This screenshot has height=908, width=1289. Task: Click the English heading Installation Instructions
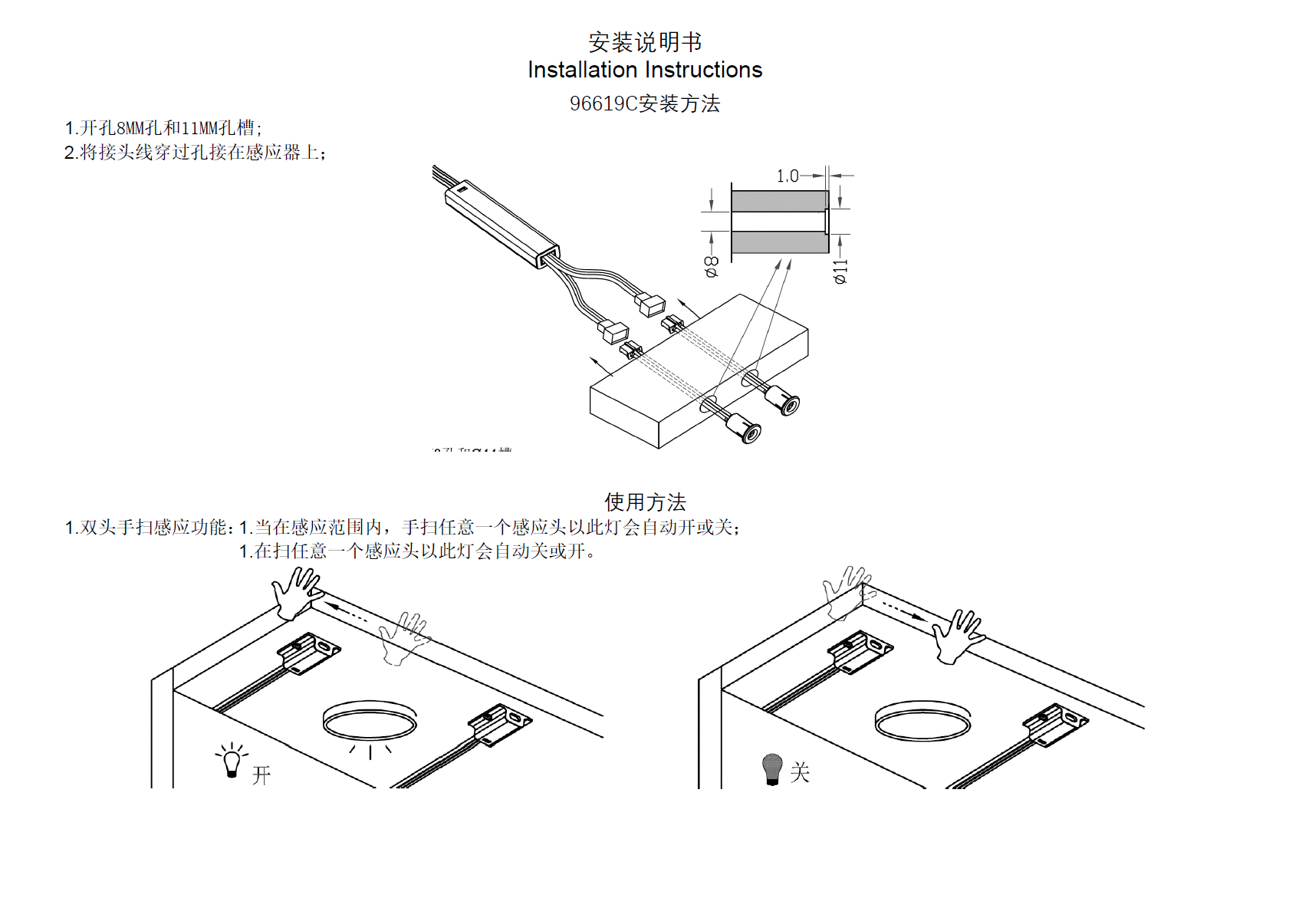pyautogui.click(x=644, y=70)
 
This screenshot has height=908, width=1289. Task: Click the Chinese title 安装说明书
pyautogui.click(x=644, y=41)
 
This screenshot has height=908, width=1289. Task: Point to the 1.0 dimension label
pyautogui.click(x=787, y=176)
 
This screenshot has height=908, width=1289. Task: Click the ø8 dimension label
pyautogui.click(x=712, y=266)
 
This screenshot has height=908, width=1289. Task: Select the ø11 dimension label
pyautogui.click(x=841, y=271)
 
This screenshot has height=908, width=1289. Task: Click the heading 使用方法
pyautogui.click(x=644, y=502)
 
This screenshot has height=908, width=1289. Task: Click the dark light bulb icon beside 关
pyautogui.click(x=772, y=768)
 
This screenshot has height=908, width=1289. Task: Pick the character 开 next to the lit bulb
pyautogui.click(x=261, y=775)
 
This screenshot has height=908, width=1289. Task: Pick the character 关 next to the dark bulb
pyautogui.click(x=800, y=772)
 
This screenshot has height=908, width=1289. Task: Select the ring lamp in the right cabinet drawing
pyautogui.click(x=922, y=721)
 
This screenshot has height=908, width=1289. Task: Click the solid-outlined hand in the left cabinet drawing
pyautogui.click(x=295, y=593)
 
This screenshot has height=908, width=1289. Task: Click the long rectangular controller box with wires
pyautogui.click(x=501, y=222)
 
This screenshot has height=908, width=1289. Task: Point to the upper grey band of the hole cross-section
pyautogui.click(x=779, y=201)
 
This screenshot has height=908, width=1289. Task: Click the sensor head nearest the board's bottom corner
pyautogui.click(x=744, y=427)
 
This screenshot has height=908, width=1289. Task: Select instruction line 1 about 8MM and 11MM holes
pyautogui.click(x=163, y=128)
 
